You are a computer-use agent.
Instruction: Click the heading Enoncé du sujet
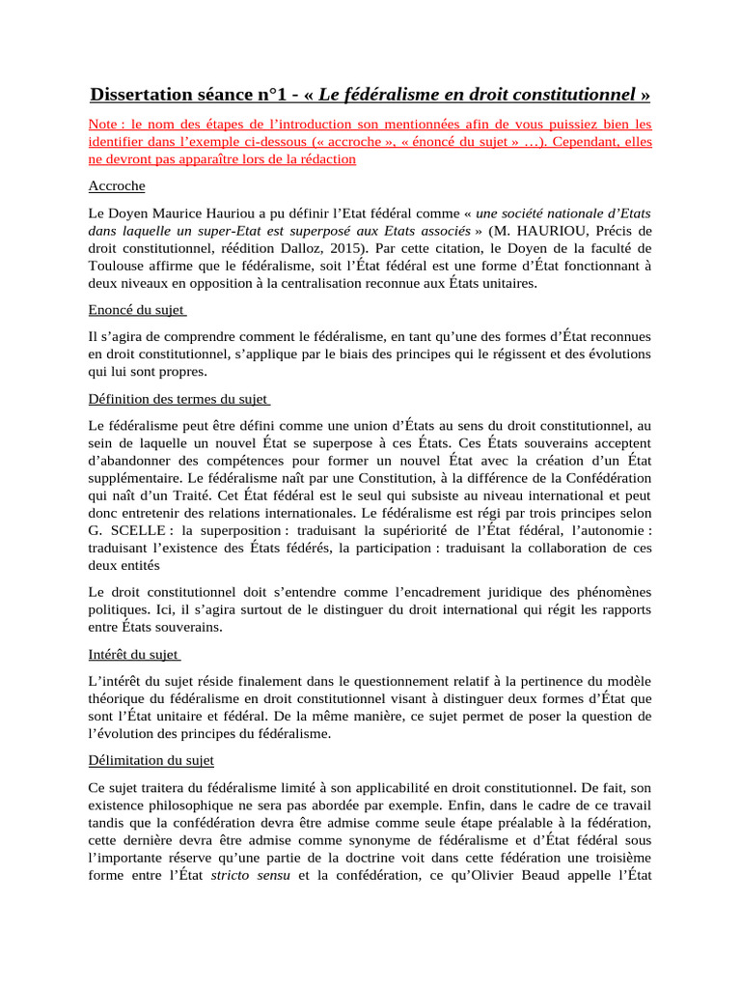pos(136,310)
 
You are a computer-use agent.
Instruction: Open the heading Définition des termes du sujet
pos(178,399)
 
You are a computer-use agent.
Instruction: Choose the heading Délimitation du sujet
pos(151,760)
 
